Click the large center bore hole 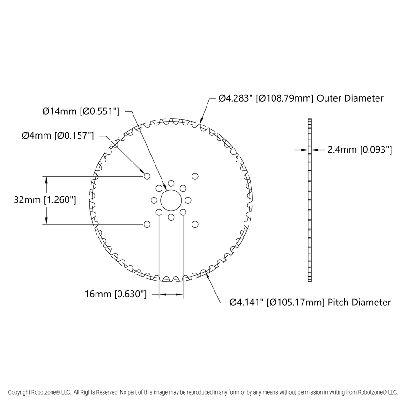(171, 200)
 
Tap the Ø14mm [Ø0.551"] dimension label (81, 111)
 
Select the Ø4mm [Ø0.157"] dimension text (58, 136)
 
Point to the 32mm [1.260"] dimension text (45, 200)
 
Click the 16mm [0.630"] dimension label (116, 295)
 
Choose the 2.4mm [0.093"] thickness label (359, 150)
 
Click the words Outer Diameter (350, 98)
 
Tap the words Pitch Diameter (360, 303)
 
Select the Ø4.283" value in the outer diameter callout (236, 98)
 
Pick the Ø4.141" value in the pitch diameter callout (247, 303)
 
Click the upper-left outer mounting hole (147, 177)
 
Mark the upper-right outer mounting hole (195, 177)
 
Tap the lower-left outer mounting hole (147, 224)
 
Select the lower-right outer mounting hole (195, 224)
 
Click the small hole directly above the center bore (171, 184)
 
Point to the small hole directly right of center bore (188, 200)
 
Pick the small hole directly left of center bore (154, 200)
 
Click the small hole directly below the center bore (171, 217)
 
